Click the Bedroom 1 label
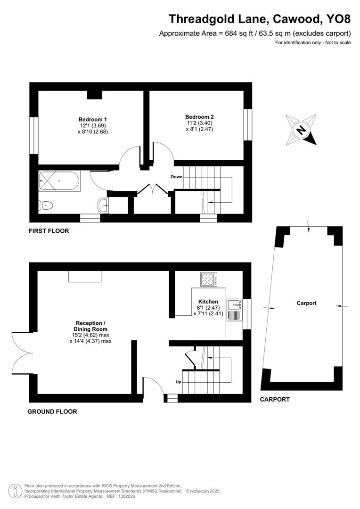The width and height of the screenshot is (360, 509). coord(90,119)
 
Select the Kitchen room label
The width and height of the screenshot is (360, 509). coord(208,302)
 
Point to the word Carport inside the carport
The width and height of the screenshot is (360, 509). coord(306,303)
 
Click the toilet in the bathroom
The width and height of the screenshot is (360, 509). coord(46,205)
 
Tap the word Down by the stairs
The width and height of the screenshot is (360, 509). coord(177,177)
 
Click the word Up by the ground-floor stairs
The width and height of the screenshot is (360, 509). coord(178,382)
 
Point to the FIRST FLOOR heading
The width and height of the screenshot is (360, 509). coord(49,231)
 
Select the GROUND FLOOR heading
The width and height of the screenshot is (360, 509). coord(52,411)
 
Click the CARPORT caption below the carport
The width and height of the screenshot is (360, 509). coord(275,399)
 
